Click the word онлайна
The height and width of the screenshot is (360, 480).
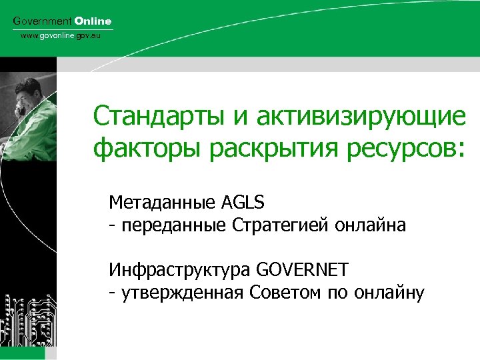coord(372,225)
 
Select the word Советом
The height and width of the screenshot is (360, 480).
coord(283,293)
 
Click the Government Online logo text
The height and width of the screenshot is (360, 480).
coord(63,21)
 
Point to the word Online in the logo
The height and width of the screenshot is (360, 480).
coord(93,21)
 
